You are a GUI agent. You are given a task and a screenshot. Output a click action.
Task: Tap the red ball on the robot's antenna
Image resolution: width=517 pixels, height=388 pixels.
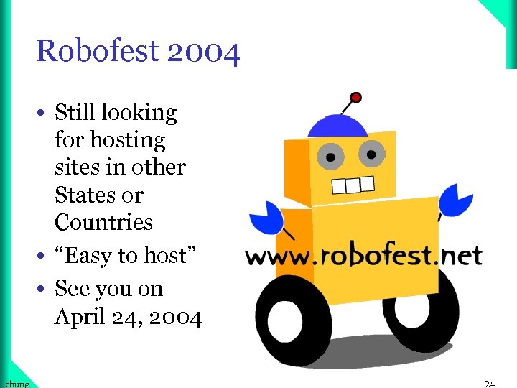coord(355,97)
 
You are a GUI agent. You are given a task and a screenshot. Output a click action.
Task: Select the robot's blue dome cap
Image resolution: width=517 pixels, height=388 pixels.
coord(337,126)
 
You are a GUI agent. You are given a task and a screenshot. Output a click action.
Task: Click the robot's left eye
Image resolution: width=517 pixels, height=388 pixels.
coord(331,155)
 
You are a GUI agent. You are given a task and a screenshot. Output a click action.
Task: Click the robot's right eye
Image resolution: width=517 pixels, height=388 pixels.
coord(371,152)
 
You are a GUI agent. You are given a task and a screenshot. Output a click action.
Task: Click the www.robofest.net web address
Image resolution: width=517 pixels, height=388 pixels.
coord(363,256)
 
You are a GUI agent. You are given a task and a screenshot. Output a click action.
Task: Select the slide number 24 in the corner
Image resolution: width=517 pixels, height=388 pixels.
coord(490,384)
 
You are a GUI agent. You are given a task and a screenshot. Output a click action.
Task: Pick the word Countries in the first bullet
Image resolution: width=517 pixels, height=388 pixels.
coord(103,223)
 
